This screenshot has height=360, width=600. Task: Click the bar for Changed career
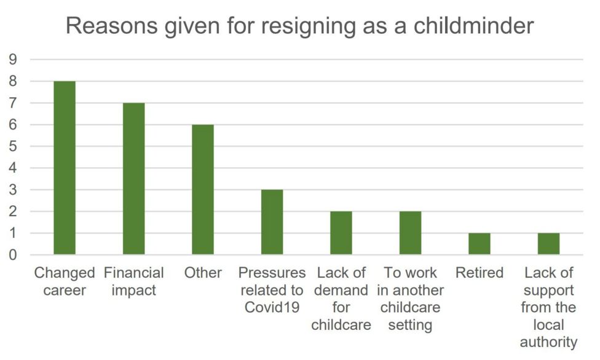click(65, 168)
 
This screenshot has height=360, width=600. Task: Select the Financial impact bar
click(133, 179)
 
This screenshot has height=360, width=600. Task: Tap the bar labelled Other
click(203, 189)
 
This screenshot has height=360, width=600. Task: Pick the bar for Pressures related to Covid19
click(272, 222)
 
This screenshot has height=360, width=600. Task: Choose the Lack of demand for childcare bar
click(341, 233)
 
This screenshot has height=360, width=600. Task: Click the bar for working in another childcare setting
click(410, 233)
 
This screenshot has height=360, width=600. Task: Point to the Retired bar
click(480, 244)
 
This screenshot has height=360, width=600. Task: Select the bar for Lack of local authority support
click(548, 244)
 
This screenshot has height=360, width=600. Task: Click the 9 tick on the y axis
click(13, 60)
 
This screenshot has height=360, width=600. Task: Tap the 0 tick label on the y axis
click(13, 255)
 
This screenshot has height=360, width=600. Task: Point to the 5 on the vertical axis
click(13, 146)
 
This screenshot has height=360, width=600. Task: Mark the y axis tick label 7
click(13, 103)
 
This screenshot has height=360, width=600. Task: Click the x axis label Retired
click(480, 273)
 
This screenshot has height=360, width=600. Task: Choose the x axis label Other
click(203, 273)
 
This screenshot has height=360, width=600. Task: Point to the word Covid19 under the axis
click(272, 307)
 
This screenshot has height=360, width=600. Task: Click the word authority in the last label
click(548, 342)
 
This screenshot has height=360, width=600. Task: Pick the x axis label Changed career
click(65, 281)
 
